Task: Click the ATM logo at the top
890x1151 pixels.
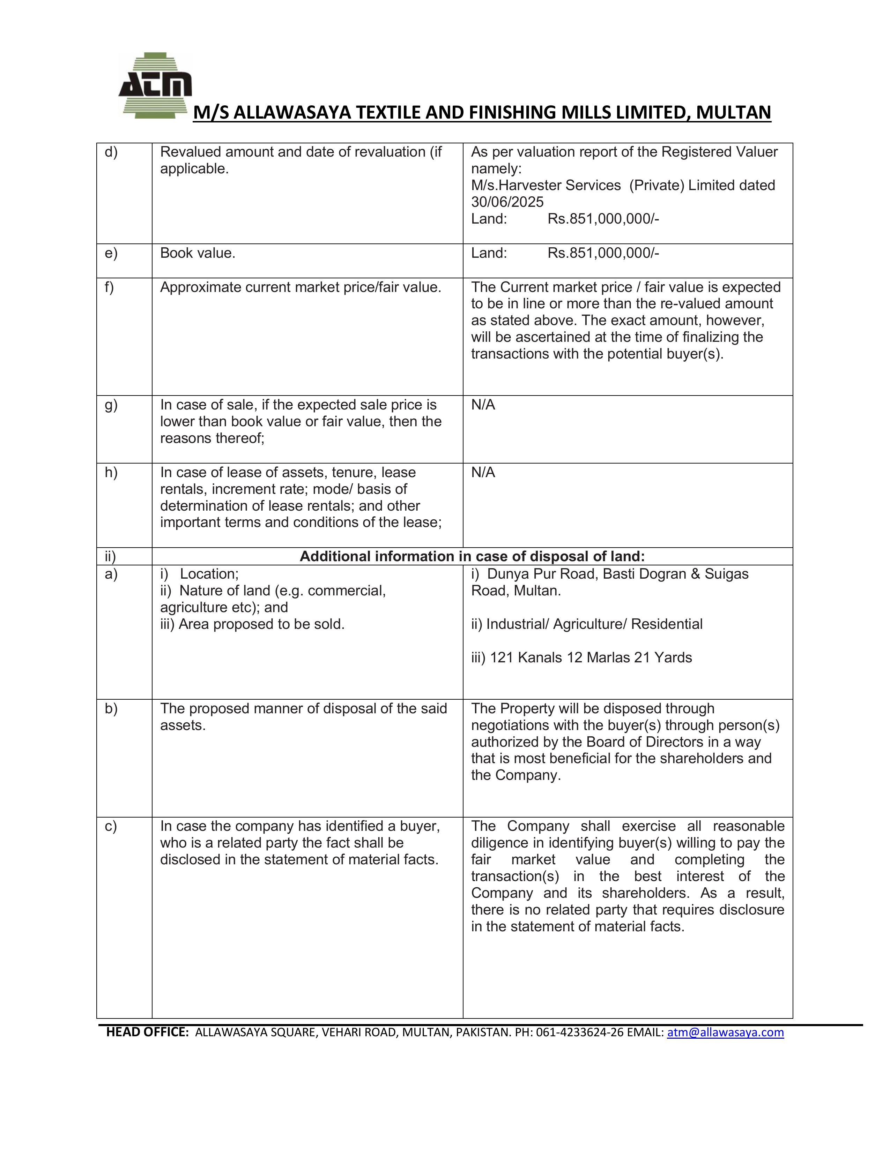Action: click(155, 85)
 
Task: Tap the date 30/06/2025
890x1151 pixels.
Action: click(507, 202)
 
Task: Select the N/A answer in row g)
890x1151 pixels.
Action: click(483, 405)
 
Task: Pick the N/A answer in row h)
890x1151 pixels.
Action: click(483, 473)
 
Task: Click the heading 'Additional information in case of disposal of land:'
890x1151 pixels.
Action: click(472, 557)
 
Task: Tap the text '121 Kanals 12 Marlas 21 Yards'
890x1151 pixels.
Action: click(591, 658)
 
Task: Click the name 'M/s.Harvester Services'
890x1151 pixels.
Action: click(546, 186)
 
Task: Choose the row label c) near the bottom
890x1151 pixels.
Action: click(111, 826)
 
